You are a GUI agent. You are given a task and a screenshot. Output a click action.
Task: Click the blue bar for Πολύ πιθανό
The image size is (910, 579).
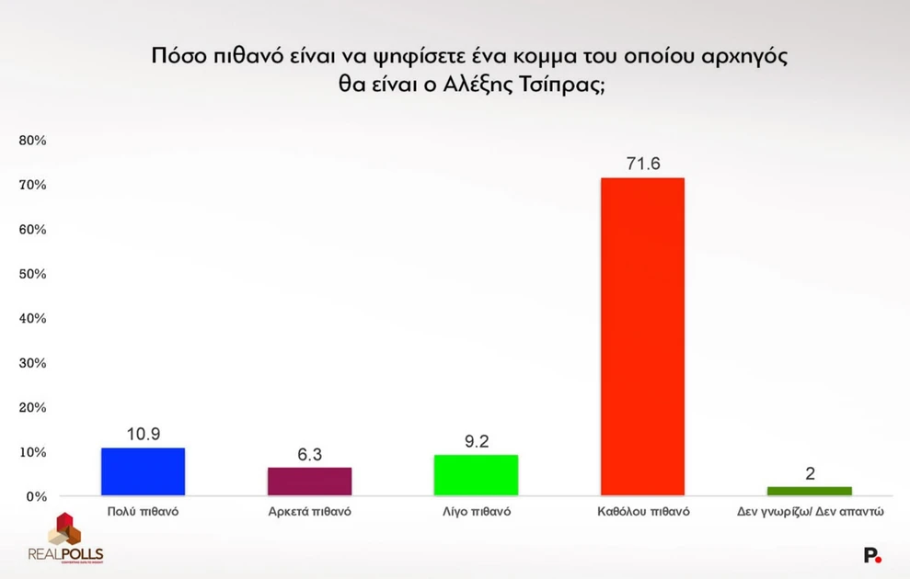143,471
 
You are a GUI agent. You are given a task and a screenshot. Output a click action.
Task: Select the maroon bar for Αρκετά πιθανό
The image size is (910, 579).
309,482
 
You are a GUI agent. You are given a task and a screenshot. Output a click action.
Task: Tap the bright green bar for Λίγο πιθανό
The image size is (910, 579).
476,475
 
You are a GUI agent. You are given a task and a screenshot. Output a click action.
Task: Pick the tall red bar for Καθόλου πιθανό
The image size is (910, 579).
642,336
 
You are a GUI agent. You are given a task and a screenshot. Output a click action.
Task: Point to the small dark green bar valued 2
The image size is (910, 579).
809,491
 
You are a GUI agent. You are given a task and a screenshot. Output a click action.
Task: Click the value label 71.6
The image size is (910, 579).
642,164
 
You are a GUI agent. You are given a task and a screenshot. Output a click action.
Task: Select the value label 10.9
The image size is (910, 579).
143,434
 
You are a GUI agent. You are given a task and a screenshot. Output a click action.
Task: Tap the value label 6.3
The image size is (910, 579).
309,454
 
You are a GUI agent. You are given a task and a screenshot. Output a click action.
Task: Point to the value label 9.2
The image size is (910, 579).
476,441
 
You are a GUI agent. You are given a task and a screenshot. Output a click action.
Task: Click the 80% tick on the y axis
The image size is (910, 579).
32,141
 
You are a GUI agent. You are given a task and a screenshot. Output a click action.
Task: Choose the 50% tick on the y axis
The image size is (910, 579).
32,274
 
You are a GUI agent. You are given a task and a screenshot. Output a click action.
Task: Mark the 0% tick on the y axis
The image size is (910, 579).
36,496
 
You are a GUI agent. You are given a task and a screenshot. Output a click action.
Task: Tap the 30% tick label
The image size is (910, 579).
32,363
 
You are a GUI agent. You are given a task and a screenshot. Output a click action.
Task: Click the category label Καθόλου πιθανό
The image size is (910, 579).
642,512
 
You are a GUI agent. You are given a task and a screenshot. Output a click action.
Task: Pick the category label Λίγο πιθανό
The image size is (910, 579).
476,512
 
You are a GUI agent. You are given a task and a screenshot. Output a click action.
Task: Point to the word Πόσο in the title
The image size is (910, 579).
177,54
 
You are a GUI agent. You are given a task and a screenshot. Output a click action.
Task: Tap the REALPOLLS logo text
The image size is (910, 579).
65,554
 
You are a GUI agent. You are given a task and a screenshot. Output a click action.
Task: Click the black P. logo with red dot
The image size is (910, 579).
871,555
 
